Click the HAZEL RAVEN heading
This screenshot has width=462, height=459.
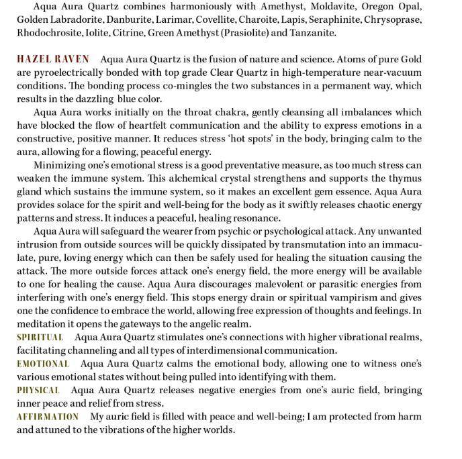pos(53,60)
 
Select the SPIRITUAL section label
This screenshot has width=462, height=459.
pos(40,338)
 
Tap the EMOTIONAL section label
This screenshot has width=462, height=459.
pos(43,364)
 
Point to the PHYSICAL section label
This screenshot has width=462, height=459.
pos(38,390)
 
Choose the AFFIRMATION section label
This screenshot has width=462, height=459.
pos(48,417)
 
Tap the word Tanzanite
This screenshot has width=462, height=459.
pos(314,33)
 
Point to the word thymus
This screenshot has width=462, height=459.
pos(403,178)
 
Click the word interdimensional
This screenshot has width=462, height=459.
pos(230,350)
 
